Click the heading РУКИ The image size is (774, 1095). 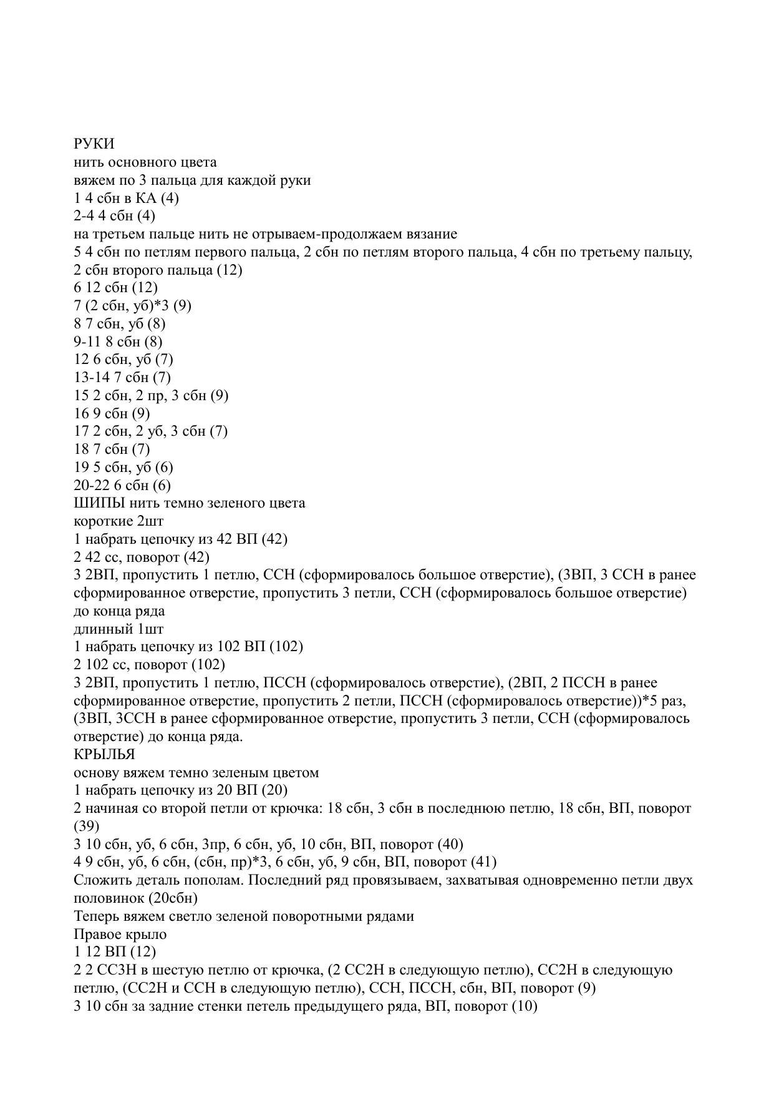(94, 144)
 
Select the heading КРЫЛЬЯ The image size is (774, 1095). (104, 754)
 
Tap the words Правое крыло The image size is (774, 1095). (120, 934)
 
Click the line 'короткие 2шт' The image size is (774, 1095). (119, 521)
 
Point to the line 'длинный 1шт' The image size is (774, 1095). (119, 629)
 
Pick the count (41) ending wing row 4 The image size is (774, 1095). (484, 862)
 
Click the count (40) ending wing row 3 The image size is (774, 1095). (450, 845)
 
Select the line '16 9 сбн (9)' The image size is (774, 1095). (112, 413)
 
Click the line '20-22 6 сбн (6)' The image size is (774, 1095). (122, 485)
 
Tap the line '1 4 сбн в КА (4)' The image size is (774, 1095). (126, 199)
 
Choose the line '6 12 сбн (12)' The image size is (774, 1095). (115, 288)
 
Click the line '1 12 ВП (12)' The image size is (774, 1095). (115, 952)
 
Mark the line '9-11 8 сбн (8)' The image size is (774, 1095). (118, 341)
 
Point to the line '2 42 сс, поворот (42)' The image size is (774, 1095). (142, 557)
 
